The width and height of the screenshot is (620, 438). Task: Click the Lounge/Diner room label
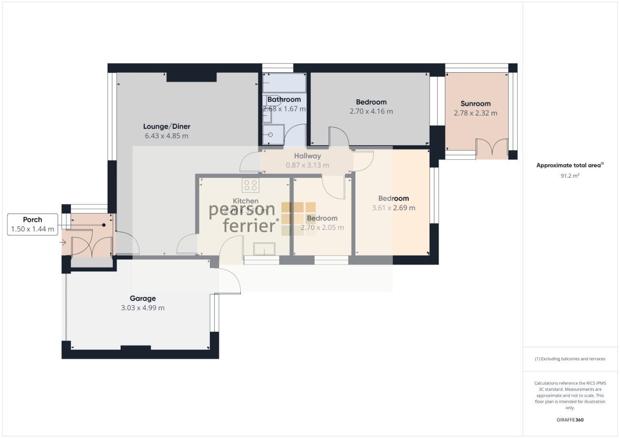pyautogui.click(x=166, y=127)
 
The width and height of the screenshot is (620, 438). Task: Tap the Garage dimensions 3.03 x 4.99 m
pyautogui.click(x=143, y=308)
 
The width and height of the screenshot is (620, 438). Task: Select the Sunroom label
pyautogui.click(x=475, y=104)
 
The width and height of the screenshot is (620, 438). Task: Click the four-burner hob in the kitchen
pyautogui.click(x=250, y=185)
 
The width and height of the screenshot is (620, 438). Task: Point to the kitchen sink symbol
pyautogui.click(x=264, y=249)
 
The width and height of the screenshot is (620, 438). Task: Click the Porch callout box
pyautogui.click(x=32, y=224)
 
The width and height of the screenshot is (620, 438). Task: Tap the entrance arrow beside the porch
pyautogui.click(x=63, y=243)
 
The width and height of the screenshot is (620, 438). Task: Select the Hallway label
pyautogui.click(x=307, y=156)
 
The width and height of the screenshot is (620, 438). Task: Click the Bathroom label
pyautogui.click(x=284, y=100)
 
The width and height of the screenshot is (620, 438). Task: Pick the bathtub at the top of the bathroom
pyautogui.click(x=284, y=83)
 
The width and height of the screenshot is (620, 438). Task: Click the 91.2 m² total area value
pyautogui.click(x=570, y=176)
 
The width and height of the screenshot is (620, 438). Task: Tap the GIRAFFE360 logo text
pyautogui.click(x=570, y=420)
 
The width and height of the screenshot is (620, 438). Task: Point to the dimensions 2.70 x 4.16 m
pyautogui.click(x=371, y=112)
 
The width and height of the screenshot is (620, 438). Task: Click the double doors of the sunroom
pyautogui.click(x=492, y=148)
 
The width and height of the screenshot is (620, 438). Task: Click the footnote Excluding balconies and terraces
pyautogui.click(x=570, y=359)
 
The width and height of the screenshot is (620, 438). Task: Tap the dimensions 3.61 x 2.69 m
pyautogui.click(x=393, y=208)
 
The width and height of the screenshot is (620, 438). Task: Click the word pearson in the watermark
pyautogui.click(x=242, y=210)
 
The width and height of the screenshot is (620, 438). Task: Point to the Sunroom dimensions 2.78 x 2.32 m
pyautogui.click(x=475, y=114)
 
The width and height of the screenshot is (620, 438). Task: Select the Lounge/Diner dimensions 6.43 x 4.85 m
pyautogui.click(x=166, y=136)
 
